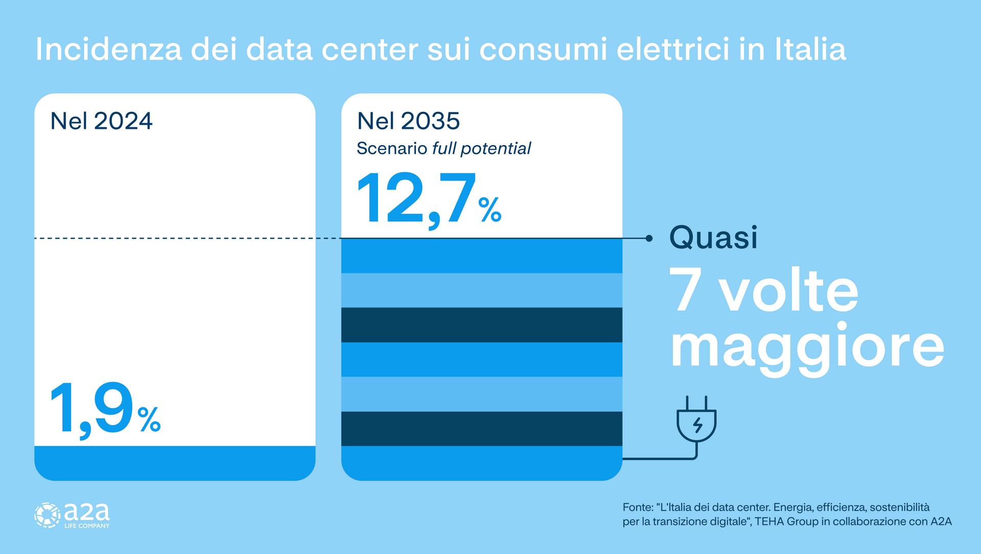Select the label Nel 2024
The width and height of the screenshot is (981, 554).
[101, 121]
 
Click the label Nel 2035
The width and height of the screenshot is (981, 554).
[408, 121]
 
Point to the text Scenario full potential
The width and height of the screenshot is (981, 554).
[443, 149]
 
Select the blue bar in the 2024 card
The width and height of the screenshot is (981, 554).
[175, 463]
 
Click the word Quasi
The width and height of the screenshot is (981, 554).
[713, 238]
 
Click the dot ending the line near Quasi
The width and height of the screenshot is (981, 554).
[649, 238]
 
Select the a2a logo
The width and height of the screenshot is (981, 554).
[72, 515]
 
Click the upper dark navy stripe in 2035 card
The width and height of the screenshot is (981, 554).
[481, 325]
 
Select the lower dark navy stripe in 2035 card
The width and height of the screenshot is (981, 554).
[481, 428]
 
